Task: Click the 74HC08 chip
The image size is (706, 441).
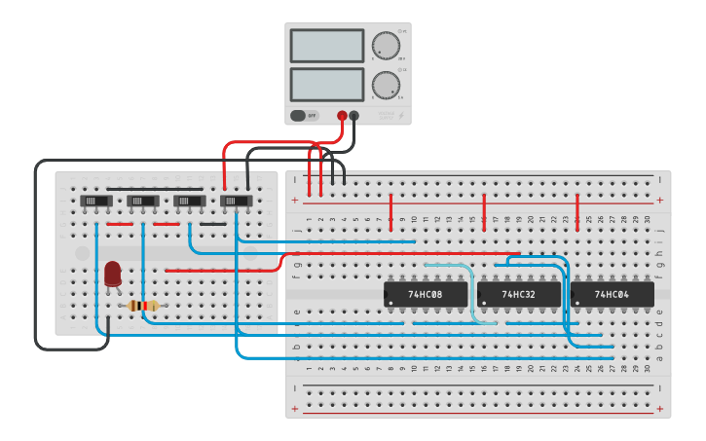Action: [x=425, y=293]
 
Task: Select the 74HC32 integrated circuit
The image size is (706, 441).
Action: [x=518, y=293]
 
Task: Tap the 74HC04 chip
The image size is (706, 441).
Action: [x=612, y=293]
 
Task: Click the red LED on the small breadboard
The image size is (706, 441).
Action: [x=113, y=274]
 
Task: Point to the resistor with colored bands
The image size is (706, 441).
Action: [x=143, y=306]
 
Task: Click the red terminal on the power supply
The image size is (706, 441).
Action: [x=342, y=116]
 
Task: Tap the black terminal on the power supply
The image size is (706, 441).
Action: [x=353, y=116]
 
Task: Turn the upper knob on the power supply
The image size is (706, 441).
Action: [x=386, y=46]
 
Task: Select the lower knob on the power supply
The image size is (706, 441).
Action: [x=386, y=85]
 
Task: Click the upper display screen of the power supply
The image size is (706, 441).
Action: [x=326, y=46]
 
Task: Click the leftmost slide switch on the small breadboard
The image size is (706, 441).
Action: [x=95, y=201]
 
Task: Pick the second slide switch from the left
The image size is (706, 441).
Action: [x=142, y=201]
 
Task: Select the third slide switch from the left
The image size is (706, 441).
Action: [x=189, y=201]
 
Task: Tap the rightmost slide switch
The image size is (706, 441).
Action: [x=236, y=201]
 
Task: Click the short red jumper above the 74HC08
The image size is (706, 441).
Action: [x=390, y=211]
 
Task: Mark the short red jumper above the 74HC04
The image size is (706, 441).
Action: [x=577, y=211]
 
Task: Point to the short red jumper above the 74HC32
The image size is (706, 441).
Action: [x=484, y=211]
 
